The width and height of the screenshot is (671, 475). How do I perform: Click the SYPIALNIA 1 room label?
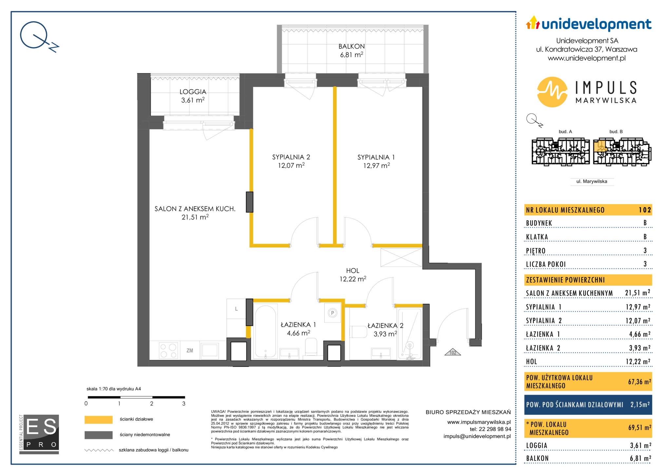(376, 157)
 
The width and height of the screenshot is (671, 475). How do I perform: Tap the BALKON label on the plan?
(352, 47)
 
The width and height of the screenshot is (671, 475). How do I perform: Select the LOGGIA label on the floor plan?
(193, 92)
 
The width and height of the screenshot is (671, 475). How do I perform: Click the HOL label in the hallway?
(353, 271)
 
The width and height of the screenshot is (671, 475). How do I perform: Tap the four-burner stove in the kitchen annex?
(169, 350)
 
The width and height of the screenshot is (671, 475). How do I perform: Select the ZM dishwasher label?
(190, 351)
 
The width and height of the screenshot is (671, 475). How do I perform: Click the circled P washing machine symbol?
(332, 313)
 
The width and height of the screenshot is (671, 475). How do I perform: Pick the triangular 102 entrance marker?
(453, 352)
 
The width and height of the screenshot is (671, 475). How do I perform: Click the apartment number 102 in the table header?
(644, 210)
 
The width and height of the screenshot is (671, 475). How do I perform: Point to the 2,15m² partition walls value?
(640, 404)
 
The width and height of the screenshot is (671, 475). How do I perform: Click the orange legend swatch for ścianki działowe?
(98, 420)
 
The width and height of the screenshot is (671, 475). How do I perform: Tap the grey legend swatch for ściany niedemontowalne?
(98, 435)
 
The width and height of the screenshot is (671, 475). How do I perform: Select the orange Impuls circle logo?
(552, 92)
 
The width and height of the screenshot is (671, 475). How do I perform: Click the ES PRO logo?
(39, 434)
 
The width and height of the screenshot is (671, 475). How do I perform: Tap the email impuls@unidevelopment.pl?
(477, 436)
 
